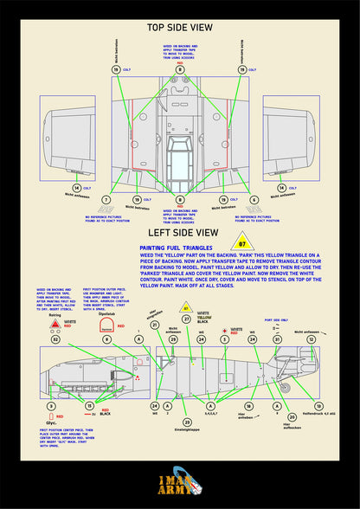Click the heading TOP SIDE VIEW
tap(179, 28)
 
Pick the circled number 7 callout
tap(106, 200)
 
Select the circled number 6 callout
tap(254, 200)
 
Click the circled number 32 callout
tap(55, 340)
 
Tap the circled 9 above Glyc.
tap(50, 405)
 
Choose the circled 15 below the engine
tap(89, 405)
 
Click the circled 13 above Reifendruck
tap(318, 405)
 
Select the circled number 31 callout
tap(154, 349)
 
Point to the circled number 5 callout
tap(225, 340)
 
